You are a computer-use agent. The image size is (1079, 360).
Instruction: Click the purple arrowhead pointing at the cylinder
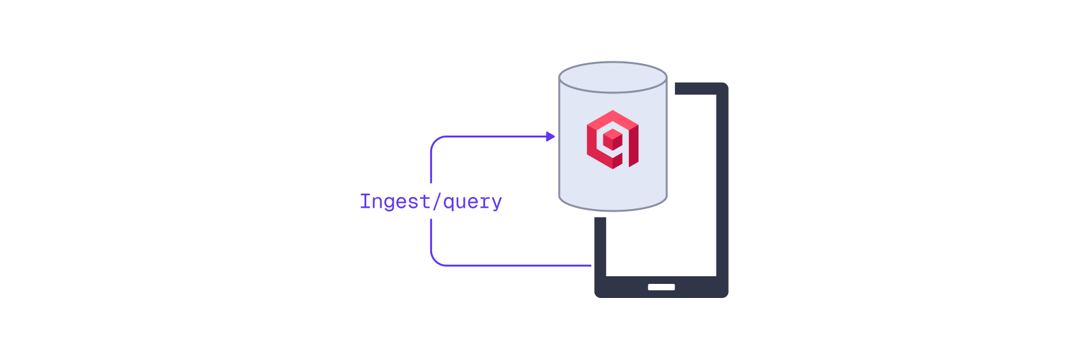click(550, 136)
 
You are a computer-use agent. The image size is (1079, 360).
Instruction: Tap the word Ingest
click(394, 202)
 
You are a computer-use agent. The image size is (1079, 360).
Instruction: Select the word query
click(472, 202)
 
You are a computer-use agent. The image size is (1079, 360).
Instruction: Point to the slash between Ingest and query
click(437, 202)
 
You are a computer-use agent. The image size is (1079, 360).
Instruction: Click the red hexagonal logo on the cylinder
click(612, 139)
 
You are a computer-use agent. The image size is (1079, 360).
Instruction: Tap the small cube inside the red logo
click(612, 139)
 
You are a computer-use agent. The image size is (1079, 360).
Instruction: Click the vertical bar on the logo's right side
click(633, 146)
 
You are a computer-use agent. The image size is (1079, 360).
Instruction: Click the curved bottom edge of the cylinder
click(612, 209)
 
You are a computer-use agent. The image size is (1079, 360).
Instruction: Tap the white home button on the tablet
click(661, 287)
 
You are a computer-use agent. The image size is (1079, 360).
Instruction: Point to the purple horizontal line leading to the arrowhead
click(492, 136)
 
